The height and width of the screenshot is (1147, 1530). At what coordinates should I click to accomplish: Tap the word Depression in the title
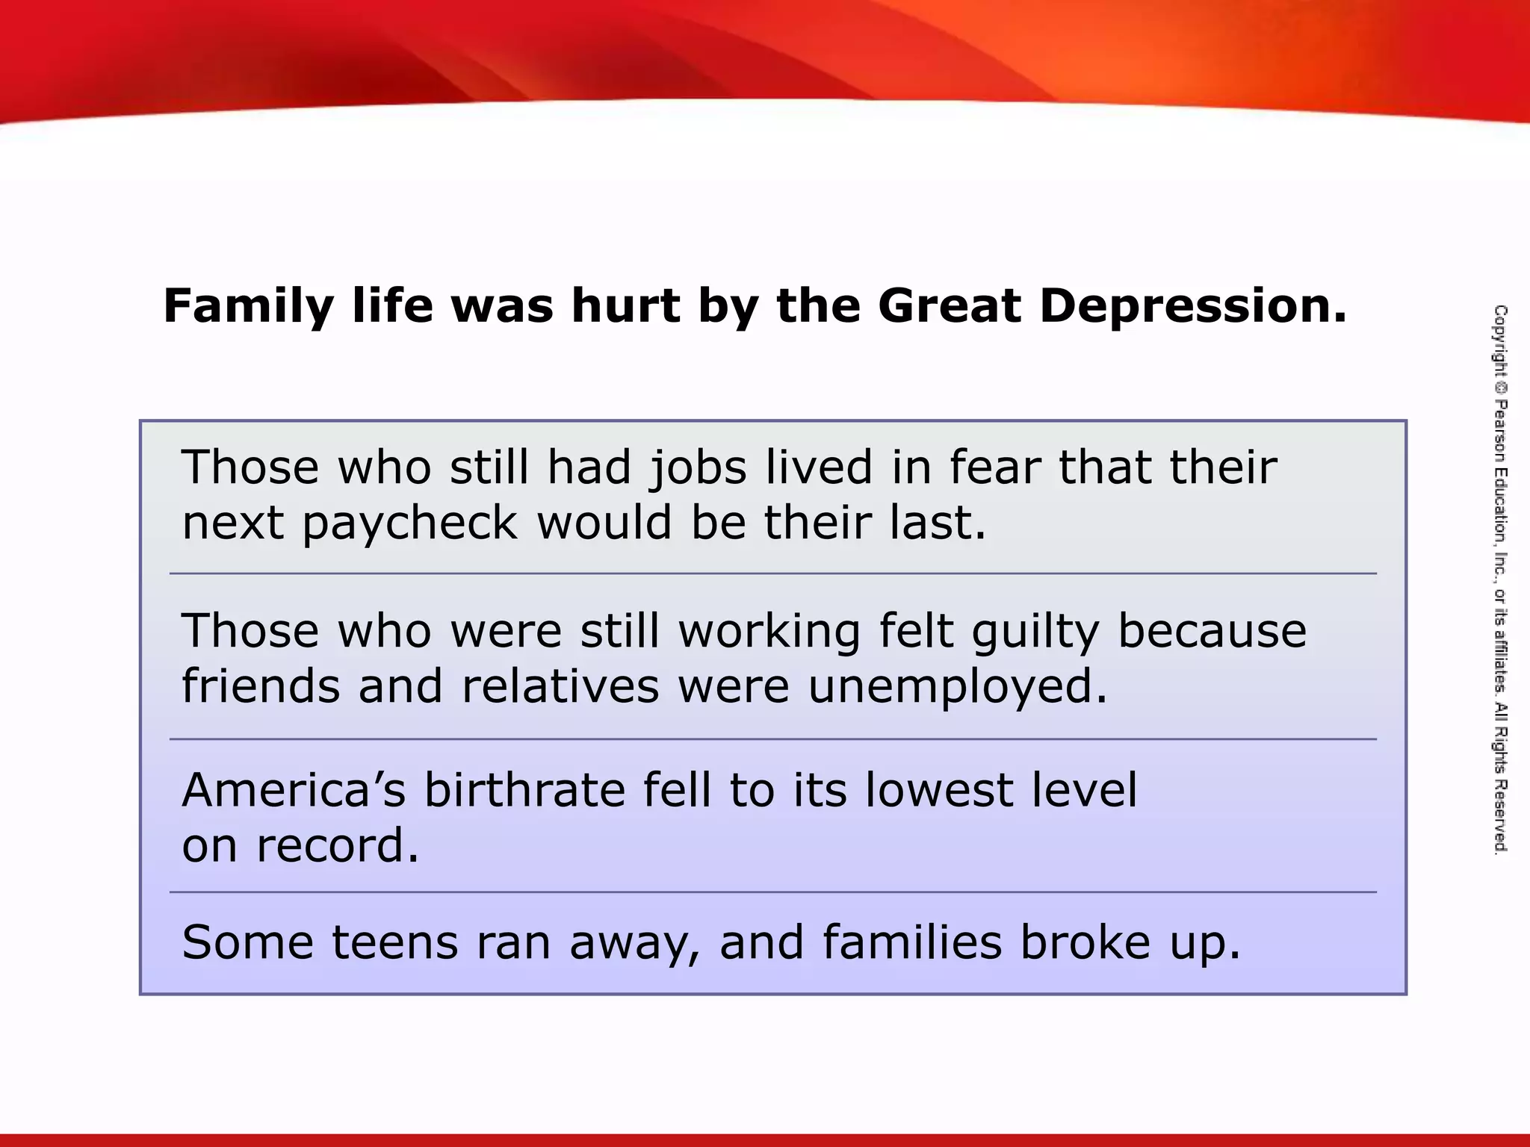click(x=1193, y=307)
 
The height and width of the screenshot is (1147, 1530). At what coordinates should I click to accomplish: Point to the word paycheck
click(x=410, y=523)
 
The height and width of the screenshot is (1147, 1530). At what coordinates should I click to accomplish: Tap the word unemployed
click(x=958, y=687)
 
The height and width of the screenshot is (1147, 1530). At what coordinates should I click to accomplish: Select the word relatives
click(x=560, y=686)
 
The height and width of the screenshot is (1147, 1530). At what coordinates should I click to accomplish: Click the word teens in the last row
click(x=395, y=943)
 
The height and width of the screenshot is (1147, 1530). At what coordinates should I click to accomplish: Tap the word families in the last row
click(x=912, y=943)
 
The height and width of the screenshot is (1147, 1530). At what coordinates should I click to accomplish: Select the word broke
click(x=1085, y=943)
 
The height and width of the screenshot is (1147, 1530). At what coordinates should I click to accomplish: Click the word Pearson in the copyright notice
click(x=1500, y=432)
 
